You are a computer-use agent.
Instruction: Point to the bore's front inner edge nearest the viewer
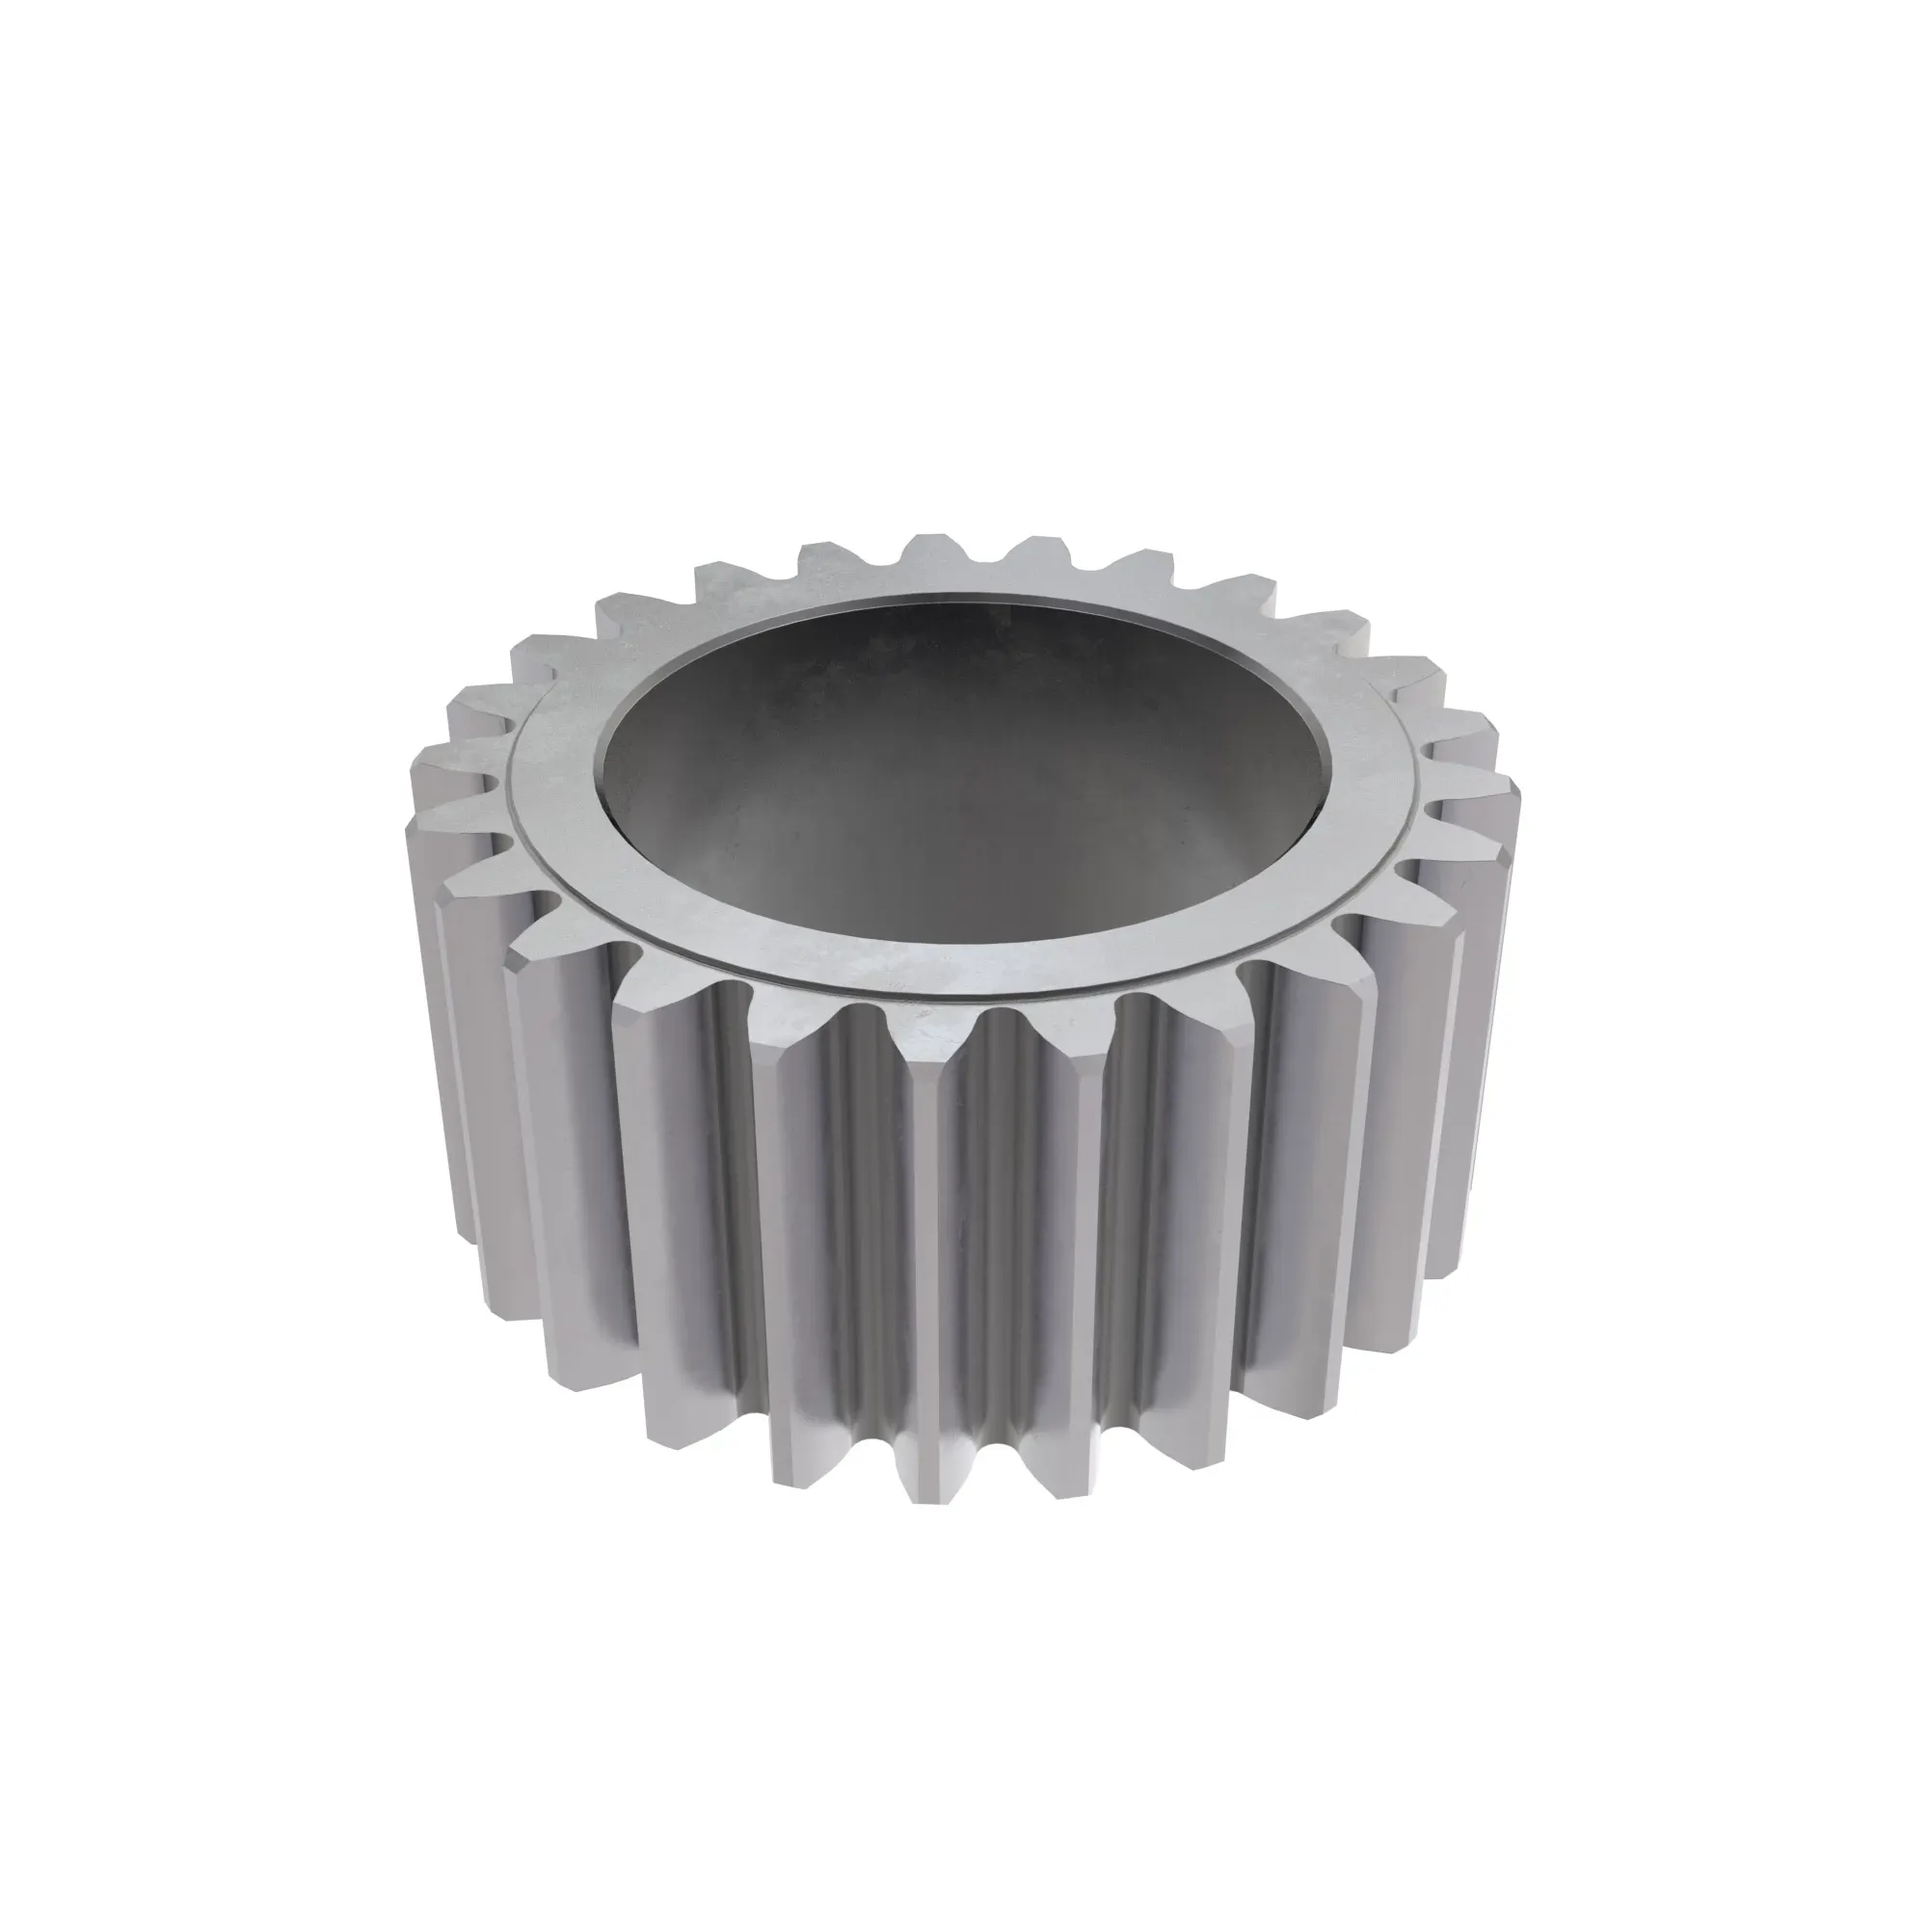click(x=963, y=933)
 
